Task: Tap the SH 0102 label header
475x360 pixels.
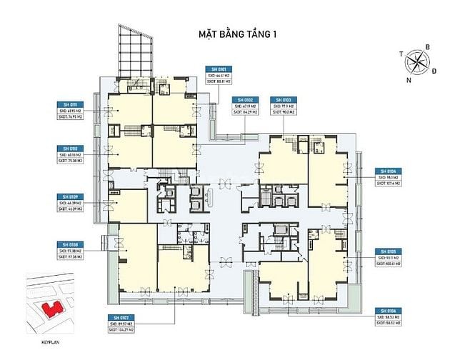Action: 245,100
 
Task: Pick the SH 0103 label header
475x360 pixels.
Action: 284,100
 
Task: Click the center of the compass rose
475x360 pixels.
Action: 417,63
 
